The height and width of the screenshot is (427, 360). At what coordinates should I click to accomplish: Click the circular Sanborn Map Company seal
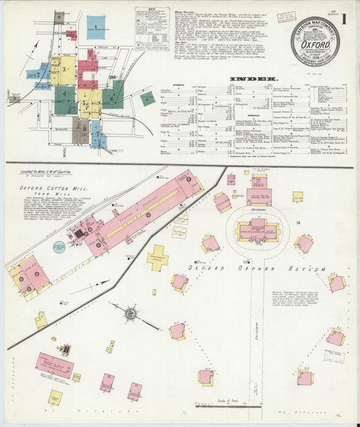[x=315, y=42]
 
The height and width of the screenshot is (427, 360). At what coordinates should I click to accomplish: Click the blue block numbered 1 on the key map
[x=97, y=26]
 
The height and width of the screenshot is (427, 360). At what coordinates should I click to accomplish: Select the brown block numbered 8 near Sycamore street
[x=80, y=128]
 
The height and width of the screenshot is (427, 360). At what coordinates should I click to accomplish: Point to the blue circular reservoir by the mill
[x=59, y=247]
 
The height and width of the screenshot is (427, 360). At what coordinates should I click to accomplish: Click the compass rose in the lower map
[x=130, y=313]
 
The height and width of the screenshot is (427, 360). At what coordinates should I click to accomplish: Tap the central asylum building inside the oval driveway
[x=258, y=230]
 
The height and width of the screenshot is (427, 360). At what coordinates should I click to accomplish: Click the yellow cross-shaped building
[x=157, y=257]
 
